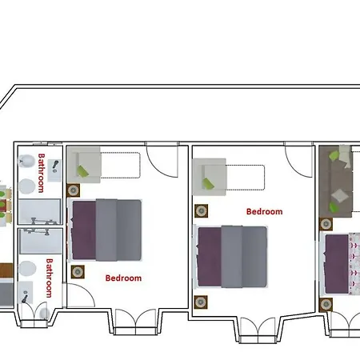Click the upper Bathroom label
click(x=41, y=173)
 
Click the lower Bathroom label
click(x=49, y=278)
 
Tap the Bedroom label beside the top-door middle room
click(x=264, y=212)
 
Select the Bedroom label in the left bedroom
click(x=123, y=278)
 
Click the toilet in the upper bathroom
click(x=27, y=161)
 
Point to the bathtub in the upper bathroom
click(x=40, y=211)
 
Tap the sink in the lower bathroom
click(x=26, y=293)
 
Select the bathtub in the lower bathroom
click(x=41, y=241)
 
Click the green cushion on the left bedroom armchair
click(x=82, y=171)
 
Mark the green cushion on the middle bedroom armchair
click(x=208, y=183)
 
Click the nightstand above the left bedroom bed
click(x=73, y=190)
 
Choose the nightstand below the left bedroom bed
click(x=78, y=272)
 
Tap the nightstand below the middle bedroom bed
click(x=201, y=302)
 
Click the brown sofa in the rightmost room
click(x=336, y=182)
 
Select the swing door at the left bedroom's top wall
click(x=162, y=160)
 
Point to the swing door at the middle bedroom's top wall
click(x=298, y=160)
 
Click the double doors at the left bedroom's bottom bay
click(x=135, y=322)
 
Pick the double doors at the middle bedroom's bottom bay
click(x=258, y=330)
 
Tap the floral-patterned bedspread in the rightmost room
click(x=354, y=263)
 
